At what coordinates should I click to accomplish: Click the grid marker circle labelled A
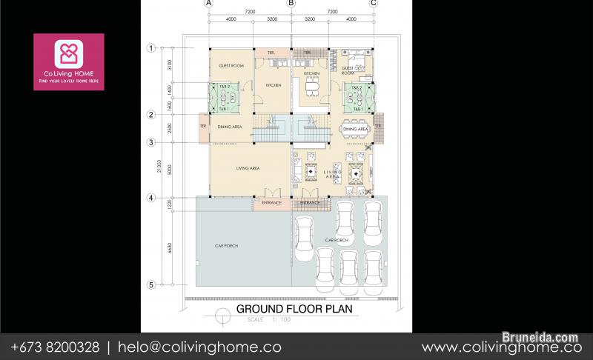click(x=209, y=3)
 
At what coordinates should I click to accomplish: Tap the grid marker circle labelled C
click(x=373, y=3)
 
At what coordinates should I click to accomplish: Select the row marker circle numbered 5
click(x=150, y=284)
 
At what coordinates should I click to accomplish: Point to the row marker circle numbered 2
click(x=150, y=115)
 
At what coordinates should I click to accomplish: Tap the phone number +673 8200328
click(x=53, y=347)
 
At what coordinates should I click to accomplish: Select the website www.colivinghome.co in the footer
click(x=501, y=347)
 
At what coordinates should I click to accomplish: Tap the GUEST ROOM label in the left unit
click(x=231, y=66)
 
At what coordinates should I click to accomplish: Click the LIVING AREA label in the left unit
click(x=247, y=168)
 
